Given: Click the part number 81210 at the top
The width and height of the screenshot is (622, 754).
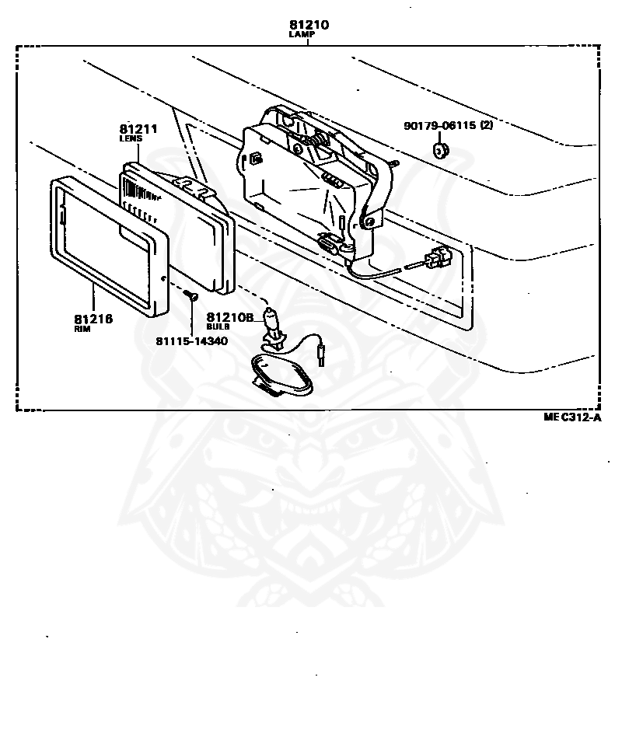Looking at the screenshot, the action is tap(309, 25).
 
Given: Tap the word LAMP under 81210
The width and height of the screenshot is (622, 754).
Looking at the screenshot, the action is tap(309, 35).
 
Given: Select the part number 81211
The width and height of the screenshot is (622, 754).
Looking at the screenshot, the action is tap(138, 127).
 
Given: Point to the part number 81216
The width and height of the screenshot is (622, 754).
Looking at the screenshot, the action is tap(93, 319).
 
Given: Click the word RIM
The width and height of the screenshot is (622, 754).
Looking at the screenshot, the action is tap(82, 329).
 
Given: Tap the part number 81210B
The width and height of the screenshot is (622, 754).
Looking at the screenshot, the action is tap(230, 317).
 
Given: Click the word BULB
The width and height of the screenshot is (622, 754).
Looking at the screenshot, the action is tap(218, 326).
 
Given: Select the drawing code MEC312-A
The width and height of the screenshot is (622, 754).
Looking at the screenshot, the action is tap(573, 417).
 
